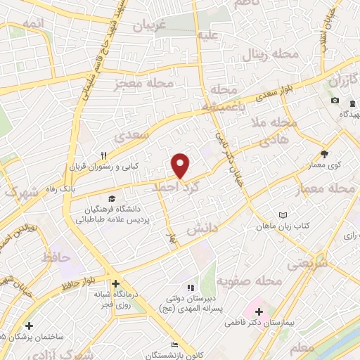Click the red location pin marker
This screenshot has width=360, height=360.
click(x=181, y=166)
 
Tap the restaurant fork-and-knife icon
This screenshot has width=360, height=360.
click(x=103, y=155)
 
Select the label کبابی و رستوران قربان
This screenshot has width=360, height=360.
click(x=98, y=167)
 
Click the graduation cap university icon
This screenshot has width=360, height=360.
click(x=110, y=199)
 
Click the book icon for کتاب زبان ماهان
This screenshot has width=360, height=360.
click(x=283, y=214)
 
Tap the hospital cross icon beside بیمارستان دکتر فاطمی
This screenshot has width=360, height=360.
click(x=257, y=311)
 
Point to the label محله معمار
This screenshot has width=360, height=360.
click(x=330, y=188)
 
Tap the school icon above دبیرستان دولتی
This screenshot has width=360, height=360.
click(x=189, y=288)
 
